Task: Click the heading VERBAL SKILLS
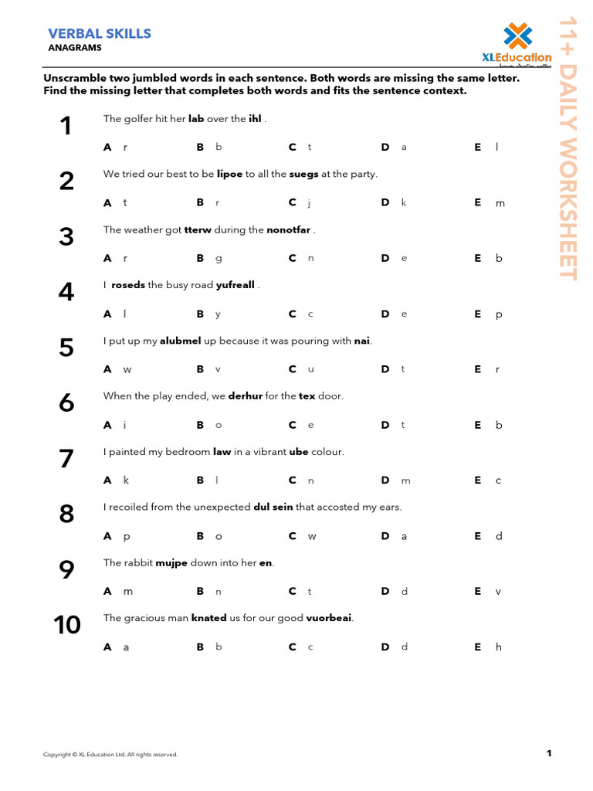pyautogui.click(x=100, y=33)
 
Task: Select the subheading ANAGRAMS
pyautogui.click(x=75, y=48)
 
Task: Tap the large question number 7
pyautogui.click(x=66, y=458)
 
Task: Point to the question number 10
pyautogui.click(x=67, y=625)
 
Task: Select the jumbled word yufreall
pyautogui.click(x=235, y=285)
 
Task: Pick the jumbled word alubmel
pyautogui.click(x=180, y=341)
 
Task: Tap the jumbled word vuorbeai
pyautogui.click(x=329, y=618)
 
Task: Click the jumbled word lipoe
pyautogui.click(x=229, y=174)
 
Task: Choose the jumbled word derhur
pyautogui.click(x=245, y=395)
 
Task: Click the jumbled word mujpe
pyautogui.click(x=171, y=562)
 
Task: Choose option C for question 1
pyautogui.click(x=300, y=147)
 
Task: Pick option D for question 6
pyautogui.click(x=393, y=425)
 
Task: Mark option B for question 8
pyautogui.click(x=208, y=536)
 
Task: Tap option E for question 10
pyautogui.click(x=488, y=647)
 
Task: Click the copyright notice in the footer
pyautogui.click(x=110, y=755)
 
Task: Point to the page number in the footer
pyautogui.click(x=548, y=753)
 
